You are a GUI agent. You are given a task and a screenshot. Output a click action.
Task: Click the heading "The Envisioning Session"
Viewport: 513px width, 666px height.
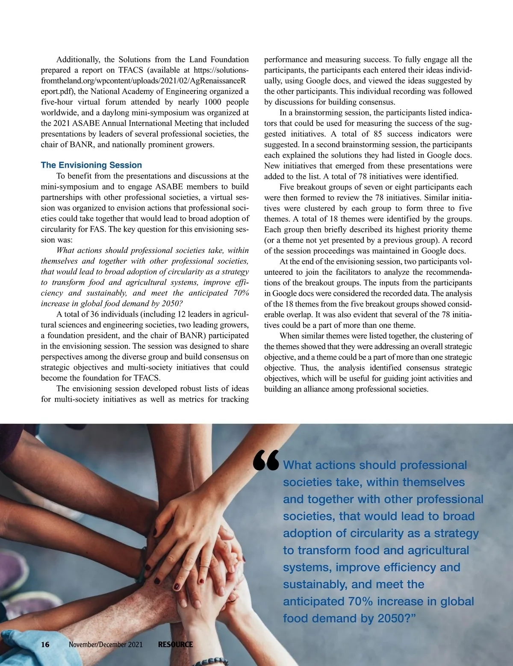(x=91, y=165)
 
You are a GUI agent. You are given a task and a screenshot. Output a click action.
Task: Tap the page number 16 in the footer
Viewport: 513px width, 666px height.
(x=45, y=644)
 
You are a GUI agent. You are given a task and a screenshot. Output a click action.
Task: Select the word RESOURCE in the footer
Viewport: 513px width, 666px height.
(x=175, y=644)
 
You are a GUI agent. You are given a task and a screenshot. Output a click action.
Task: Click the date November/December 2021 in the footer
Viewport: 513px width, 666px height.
(x=106, y=644)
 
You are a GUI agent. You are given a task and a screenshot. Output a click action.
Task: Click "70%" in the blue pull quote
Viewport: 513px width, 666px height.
(x=360, y=601)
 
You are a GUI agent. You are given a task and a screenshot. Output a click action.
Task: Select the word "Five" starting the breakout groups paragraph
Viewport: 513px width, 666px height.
(x=288, y=187)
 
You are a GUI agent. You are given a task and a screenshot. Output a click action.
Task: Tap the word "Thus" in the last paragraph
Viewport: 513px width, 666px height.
(x=309, y=368)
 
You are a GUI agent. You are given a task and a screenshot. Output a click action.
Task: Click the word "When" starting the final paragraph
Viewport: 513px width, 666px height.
(x=289, y=336)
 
